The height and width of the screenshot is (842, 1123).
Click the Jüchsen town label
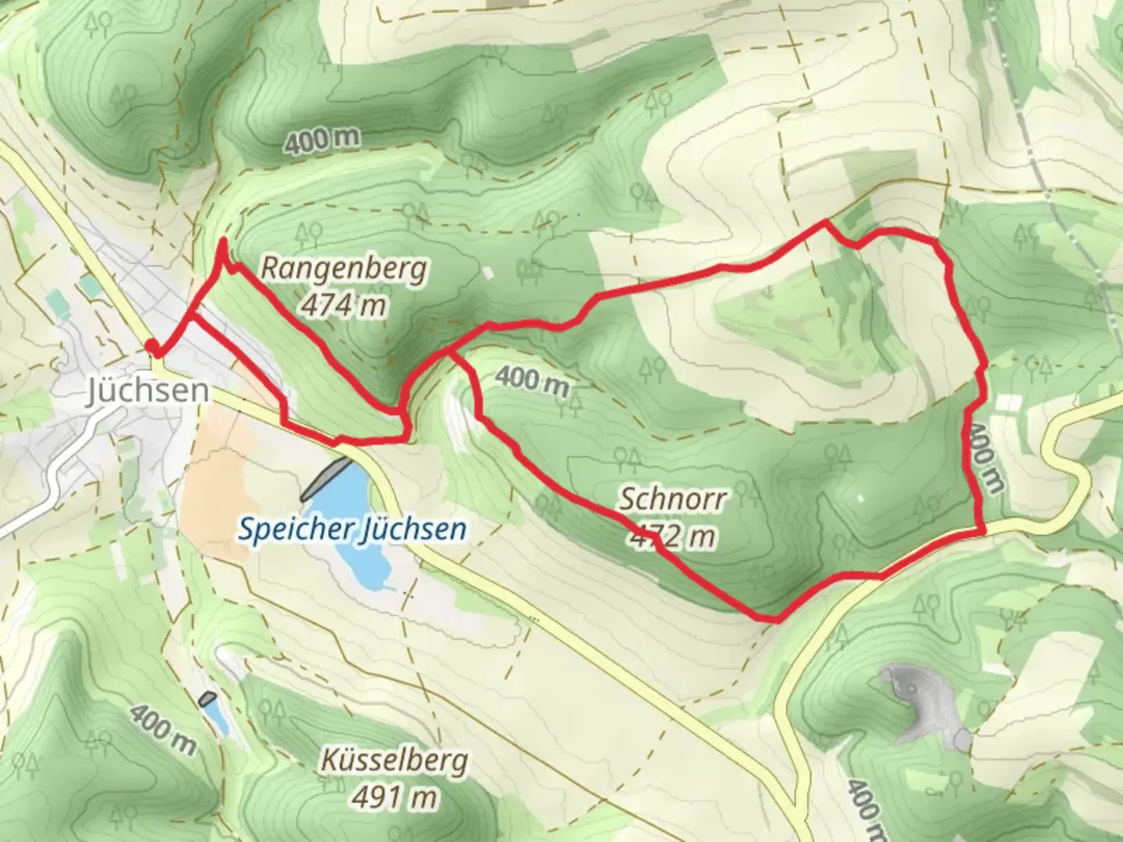coord(147,390)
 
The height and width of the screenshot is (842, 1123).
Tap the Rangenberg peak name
coord(343,269)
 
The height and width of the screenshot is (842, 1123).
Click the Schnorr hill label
coord(672,499)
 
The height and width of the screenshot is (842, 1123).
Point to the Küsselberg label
coord(394,761)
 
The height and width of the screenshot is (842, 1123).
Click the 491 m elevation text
coord(394,797)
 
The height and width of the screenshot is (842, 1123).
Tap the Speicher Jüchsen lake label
coord(352,529)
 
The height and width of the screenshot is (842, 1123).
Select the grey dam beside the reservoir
coord(325,478)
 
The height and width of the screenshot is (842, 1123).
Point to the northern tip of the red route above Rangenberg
coord(223,242)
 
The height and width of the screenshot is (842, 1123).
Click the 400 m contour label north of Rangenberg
coord(321,141)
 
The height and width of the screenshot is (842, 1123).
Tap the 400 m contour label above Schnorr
coord(531,380)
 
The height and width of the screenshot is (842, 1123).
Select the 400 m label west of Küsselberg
coord(163,730)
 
